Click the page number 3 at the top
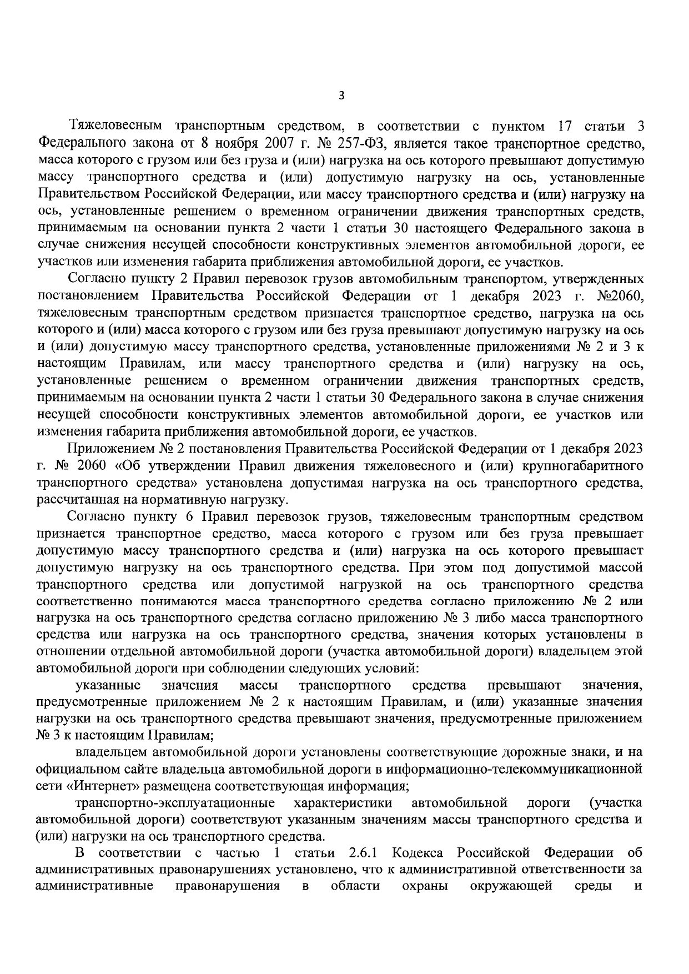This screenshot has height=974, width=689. tap(341, 96)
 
